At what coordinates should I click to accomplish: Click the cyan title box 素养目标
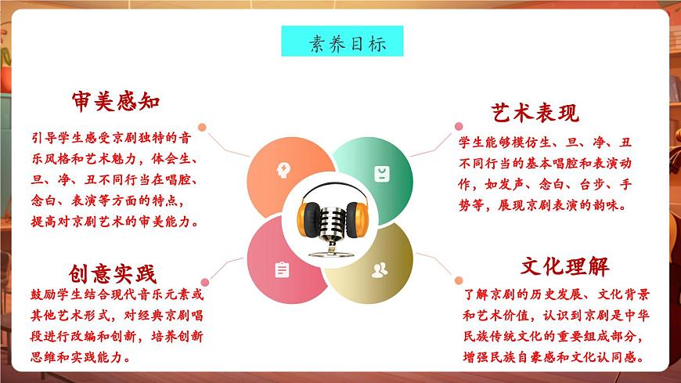(342, 42)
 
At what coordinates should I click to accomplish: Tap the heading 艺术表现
(535, 113)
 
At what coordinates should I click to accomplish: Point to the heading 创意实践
(113, 273)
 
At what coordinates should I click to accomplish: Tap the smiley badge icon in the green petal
(380, 172)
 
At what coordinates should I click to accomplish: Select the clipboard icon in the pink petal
(282, 269)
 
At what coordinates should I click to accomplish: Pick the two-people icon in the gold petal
(380, 270)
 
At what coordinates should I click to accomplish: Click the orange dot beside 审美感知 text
(202, 127)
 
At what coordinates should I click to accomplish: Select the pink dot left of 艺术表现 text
(459, 125)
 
